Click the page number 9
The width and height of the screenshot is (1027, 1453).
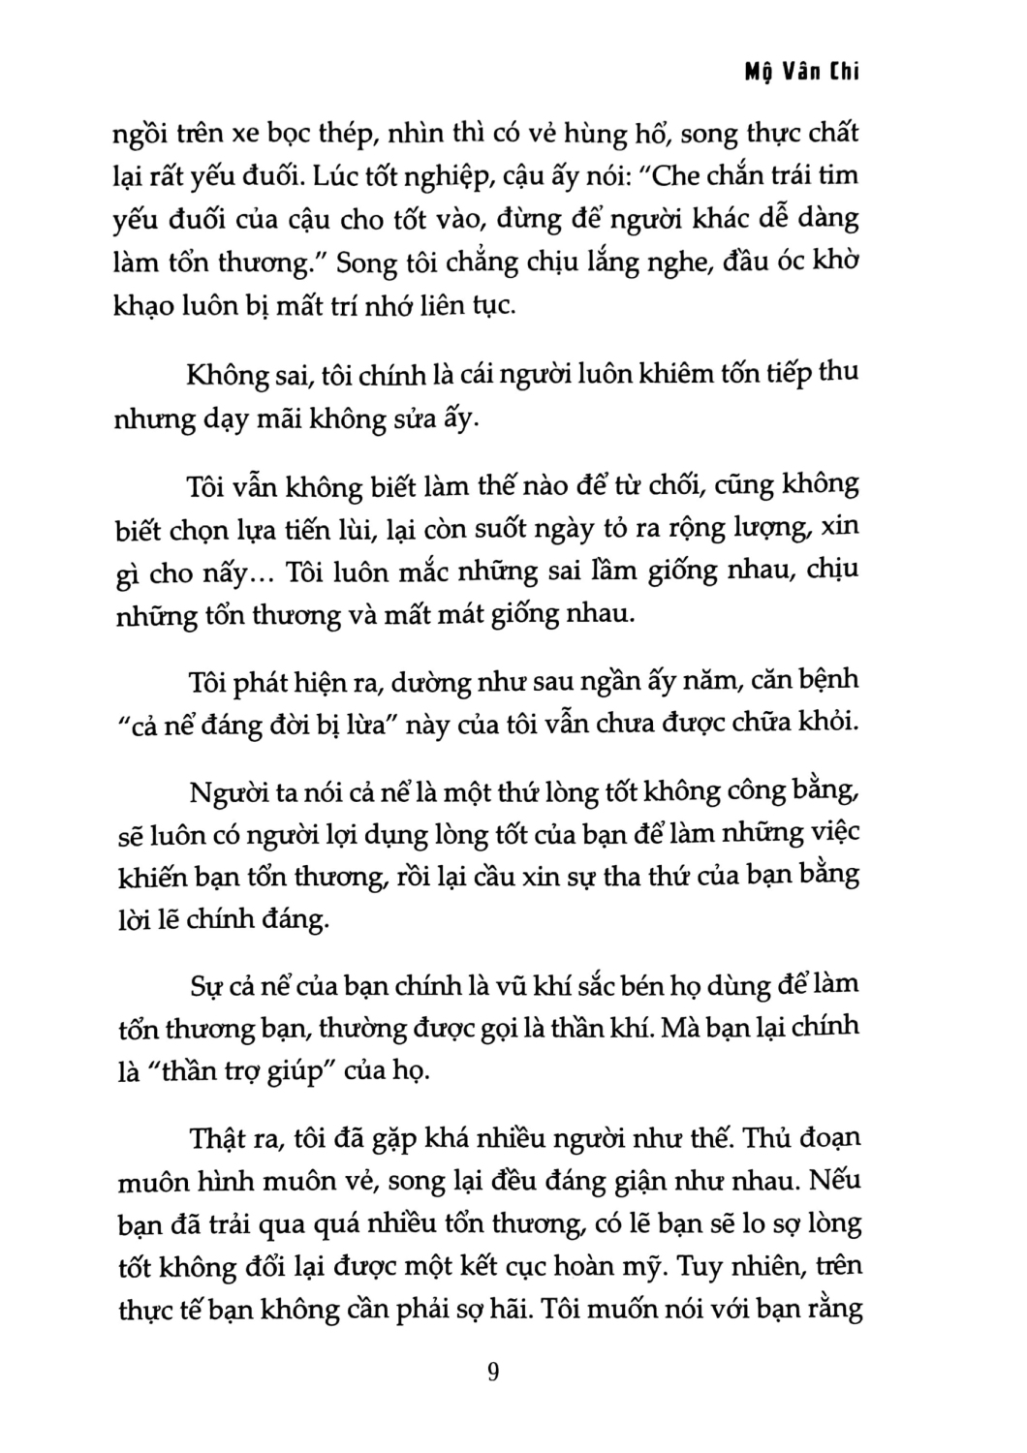click(494, 1374)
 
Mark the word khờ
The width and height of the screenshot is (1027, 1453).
click(836, 263)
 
